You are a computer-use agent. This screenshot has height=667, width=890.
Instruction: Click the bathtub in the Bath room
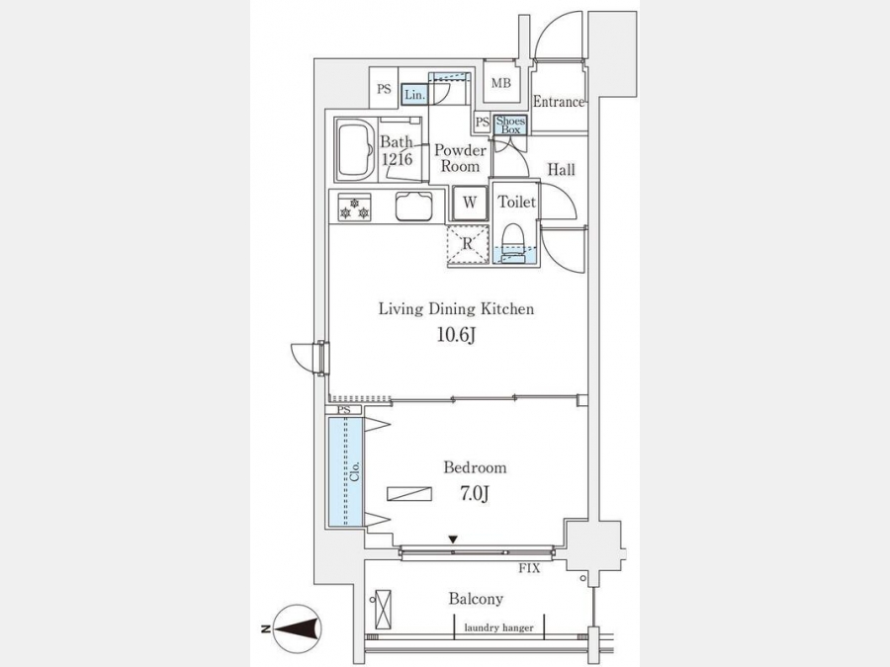355,149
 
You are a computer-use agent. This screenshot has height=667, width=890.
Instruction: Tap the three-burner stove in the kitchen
355,208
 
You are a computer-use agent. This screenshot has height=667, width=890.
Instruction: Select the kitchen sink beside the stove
413,207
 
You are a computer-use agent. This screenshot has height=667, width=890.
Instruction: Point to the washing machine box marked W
470,203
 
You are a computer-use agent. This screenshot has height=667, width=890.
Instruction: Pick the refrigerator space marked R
468,244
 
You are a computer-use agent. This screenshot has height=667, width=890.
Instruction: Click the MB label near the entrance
500,83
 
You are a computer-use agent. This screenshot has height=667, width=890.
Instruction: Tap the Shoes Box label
510,125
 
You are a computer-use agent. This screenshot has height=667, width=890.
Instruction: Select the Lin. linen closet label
415,95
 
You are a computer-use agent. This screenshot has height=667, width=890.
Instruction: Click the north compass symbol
297,629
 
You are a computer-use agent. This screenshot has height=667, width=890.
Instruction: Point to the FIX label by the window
529,568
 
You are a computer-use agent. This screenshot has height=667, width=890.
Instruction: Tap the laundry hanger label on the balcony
499,627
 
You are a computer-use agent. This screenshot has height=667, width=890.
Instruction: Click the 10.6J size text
456,335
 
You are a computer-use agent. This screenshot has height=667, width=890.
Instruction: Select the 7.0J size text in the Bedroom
475,494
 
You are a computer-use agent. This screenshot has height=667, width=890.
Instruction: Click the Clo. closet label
355,471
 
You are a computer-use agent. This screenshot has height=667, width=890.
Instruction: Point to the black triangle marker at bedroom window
452,540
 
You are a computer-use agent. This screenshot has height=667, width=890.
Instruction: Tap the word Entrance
559,102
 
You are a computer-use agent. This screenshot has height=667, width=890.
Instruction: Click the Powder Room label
460,158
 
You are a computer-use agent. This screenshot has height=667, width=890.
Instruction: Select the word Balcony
476,599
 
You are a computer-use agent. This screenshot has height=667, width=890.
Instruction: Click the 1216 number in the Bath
397,159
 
